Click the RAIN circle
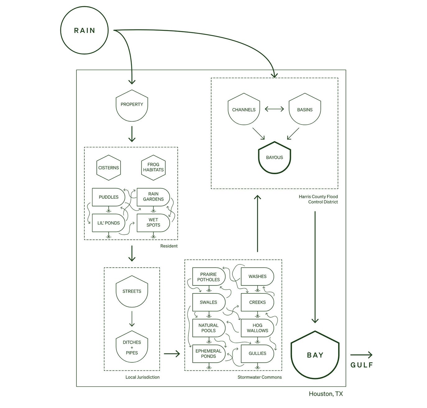click(84, 30)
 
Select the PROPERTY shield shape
click(132, 106)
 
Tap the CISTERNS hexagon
click(108, 168)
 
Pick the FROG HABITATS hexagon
click(153, 167)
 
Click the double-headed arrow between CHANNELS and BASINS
click(274, 109)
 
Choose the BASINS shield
click(305, 109)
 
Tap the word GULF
click(361, 365)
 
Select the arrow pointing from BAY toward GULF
click(361, 355)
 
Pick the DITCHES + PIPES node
click(132, 347)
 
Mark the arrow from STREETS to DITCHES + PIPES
click(132, 319)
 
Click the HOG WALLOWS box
click(257, 328)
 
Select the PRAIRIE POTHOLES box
click(208, 277)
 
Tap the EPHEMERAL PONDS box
click(208, 353)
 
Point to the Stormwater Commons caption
click(259, 377)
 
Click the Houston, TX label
click(326, 394)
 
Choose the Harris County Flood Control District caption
click(318, 199)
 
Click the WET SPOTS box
click(153, 222)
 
